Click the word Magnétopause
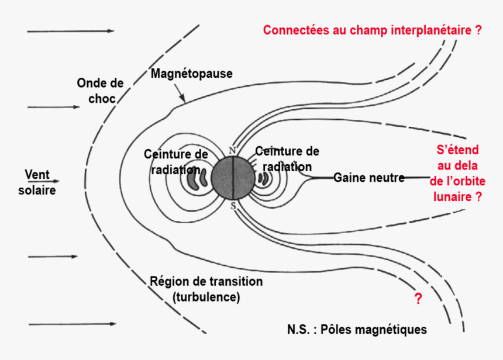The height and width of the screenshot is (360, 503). point(191,74)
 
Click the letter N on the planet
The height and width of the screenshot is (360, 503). point(232,151)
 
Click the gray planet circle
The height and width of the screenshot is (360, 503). point(233,178)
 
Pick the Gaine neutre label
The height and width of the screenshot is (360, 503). point(368,177)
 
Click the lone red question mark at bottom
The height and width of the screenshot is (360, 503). point(418,299)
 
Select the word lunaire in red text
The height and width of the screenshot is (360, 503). point(452,197)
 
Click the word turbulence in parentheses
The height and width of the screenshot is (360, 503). point(206,297)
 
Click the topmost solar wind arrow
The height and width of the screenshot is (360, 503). point(70,30)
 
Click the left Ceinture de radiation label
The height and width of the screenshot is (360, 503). point(175,162)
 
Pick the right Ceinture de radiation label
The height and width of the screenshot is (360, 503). point(287,159)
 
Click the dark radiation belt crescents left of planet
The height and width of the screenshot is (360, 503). point(197,179)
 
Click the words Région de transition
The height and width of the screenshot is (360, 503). point(206,282)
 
